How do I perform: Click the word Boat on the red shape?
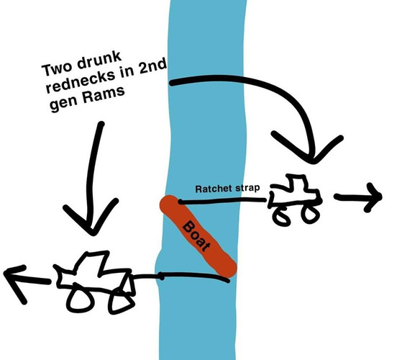[x=197, y=236]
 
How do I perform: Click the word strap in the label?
[x=247, y=188]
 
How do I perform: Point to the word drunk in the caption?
[x=99, y=60]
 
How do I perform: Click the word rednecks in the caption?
[x=82, y=81]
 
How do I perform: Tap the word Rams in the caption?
[x=104, y=94]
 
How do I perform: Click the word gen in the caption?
[x=63, y=104]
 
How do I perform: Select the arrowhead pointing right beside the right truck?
[x=374, y=197]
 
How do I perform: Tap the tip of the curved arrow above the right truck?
[x=313, y=161]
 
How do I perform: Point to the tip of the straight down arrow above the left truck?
[x=93, y=233]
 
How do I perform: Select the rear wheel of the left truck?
[x=121, y=302]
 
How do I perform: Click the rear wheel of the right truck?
[x=281, y=216]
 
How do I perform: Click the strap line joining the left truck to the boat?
[x=180, y=276]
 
